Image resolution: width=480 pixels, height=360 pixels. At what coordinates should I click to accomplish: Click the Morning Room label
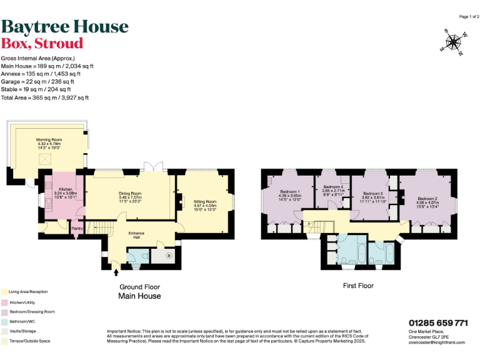47,139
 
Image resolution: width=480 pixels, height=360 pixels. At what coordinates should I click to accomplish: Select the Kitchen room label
66,189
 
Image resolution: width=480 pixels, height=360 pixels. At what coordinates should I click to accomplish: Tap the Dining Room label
131,193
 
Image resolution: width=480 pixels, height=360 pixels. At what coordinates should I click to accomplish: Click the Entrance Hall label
137,233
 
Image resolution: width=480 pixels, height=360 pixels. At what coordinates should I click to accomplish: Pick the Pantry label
77,229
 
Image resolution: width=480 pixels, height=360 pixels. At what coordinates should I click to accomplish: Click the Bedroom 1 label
290,191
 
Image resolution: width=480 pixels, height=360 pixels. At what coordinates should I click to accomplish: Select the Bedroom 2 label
427,198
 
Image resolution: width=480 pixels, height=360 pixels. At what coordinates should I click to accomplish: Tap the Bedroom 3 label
372,194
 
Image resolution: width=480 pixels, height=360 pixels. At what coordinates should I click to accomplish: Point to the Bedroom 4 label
333,187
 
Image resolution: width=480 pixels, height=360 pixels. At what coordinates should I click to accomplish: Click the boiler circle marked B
169,255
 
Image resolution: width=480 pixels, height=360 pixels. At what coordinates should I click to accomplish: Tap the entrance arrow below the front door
116,272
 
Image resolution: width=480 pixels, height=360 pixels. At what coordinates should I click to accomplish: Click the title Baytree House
65,26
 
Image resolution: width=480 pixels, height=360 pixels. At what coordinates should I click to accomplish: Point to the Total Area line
45,97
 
